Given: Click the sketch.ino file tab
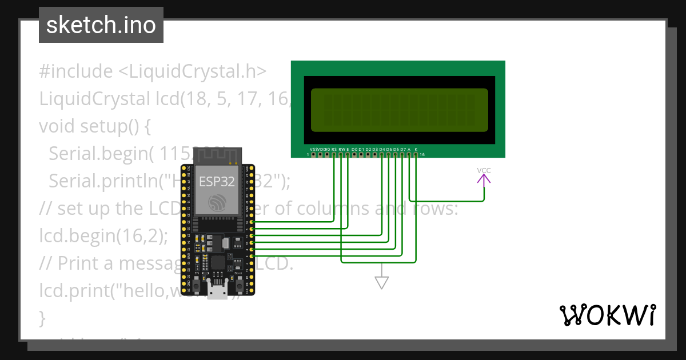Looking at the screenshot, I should coord(101,25).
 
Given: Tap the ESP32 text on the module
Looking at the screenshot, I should coord(217,181).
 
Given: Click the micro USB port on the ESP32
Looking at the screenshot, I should coord(217,292).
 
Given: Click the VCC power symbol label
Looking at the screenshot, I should coord(484,170).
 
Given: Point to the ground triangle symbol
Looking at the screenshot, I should coord(381,282).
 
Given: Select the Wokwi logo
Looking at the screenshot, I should coord(608,315).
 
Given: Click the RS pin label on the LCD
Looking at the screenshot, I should coord(334,149).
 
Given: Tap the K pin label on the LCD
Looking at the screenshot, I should coord(416,149).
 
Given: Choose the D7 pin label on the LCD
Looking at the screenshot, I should coord(402,149).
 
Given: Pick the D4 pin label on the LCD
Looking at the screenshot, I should coord(382,149).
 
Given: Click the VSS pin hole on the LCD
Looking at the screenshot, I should coord(313,154).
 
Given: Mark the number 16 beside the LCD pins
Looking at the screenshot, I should coord(422,155).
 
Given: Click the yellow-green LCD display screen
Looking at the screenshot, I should coord(399,110).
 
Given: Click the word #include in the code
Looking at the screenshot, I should coord(76,71).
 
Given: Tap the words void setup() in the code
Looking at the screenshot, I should coord(94,126).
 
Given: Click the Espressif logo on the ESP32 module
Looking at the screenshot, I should coord(217,203).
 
